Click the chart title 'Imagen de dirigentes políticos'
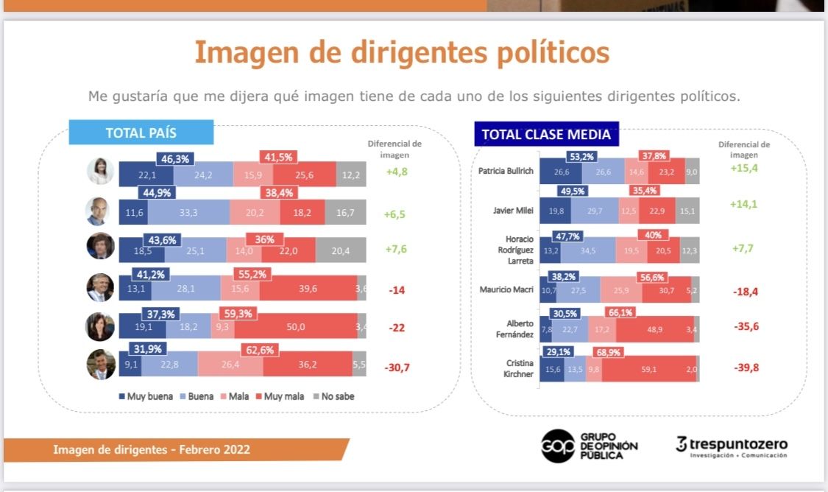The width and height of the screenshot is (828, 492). click(x=401, y=53)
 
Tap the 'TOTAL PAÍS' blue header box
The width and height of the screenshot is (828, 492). click(x=141, y=133)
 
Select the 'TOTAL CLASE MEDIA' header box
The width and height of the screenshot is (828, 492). click(x=546, y=134)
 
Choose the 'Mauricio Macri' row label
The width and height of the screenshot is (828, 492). click(x=507, y=289)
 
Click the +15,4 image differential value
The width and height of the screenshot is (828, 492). click(x=743, y=169)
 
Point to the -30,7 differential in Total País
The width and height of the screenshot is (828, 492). click(x=397, y=367)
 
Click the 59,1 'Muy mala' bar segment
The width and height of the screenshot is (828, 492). click(x=648, y=370)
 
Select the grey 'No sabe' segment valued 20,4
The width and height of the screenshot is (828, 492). click(x=341, y=250)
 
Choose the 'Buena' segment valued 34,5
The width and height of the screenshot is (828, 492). click(x=588, y=250)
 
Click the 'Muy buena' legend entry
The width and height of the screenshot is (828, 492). click(x=146, y=396)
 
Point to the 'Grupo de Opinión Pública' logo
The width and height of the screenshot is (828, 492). click(x=589, y=446)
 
